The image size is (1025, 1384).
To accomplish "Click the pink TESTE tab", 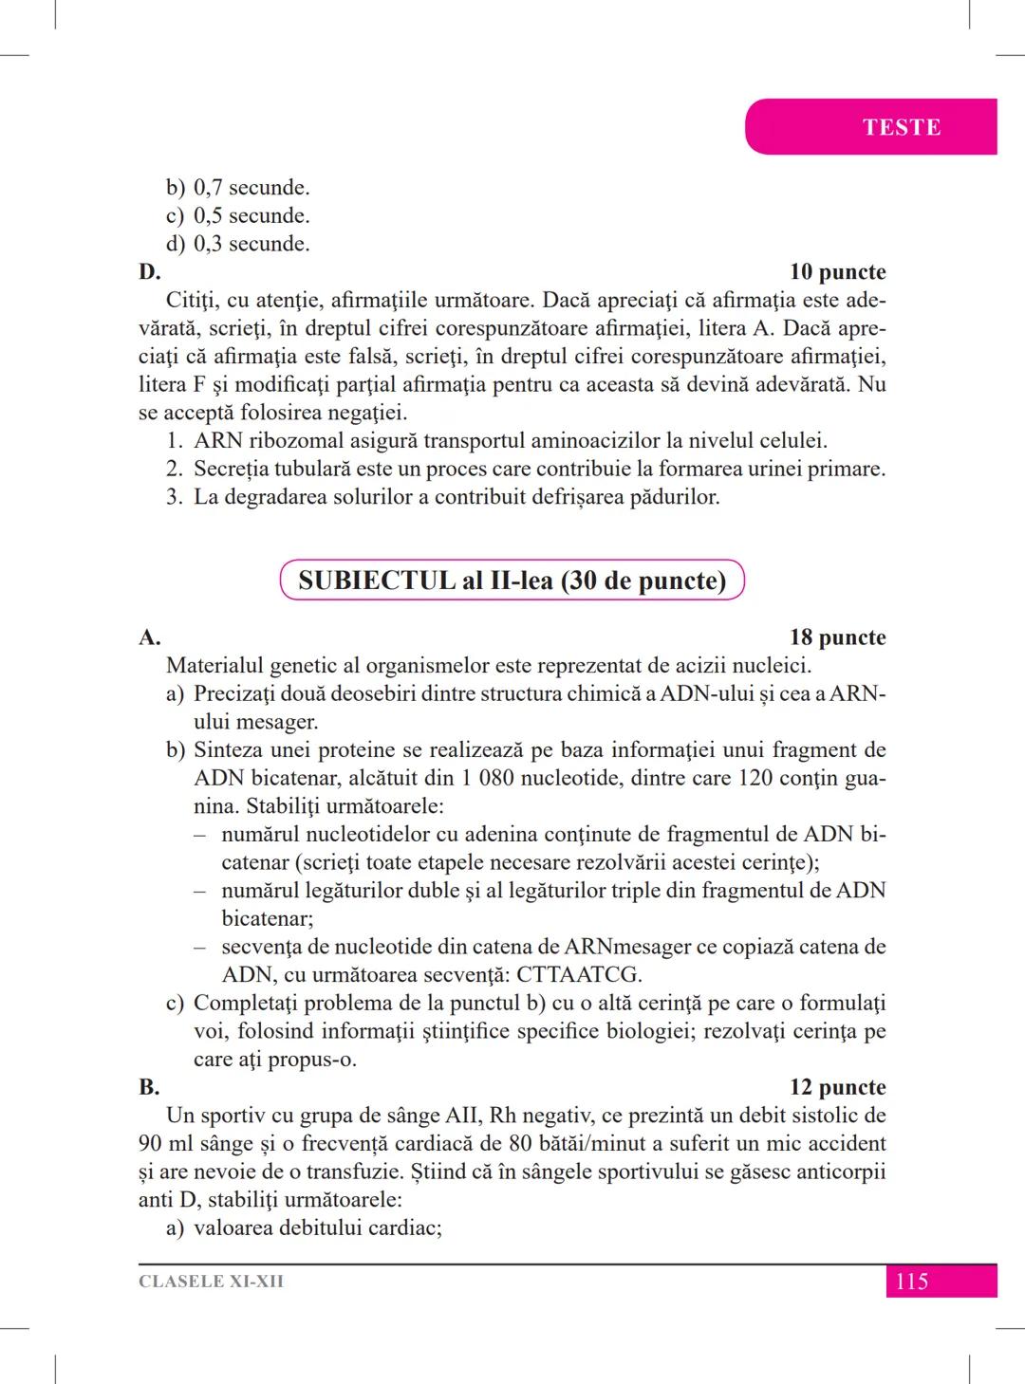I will coord(901,127).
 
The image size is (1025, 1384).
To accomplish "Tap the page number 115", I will coord(911,1282).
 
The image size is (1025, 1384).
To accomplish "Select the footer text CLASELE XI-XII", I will coord(211,1282).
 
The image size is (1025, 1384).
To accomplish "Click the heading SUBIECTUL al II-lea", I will coord(512,581).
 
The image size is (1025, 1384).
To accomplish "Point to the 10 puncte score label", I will coord(837,272).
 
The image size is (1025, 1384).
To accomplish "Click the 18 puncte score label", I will coord(837,637).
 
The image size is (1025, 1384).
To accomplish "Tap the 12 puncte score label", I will coord(837,1087).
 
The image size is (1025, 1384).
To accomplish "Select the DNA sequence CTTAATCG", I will coord(579,975).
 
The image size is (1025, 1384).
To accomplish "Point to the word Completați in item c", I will coord(246,1004).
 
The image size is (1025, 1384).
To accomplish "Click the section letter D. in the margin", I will coord(149,272).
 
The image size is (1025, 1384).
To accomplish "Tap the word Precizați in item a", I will coord(238,694).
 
